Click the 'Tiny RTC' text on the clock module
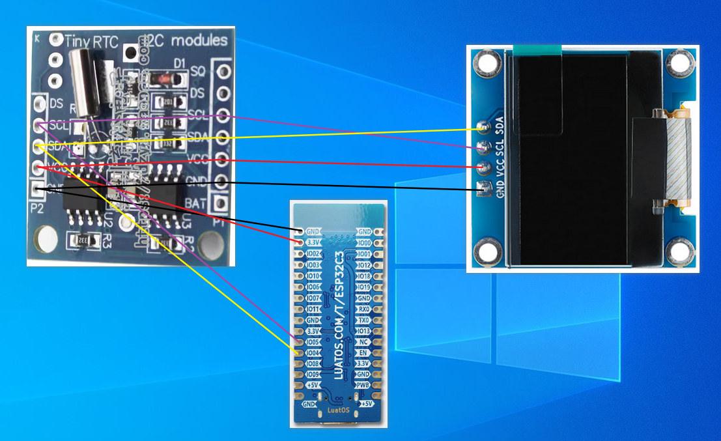coord(92,42)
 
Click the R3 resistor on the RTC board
coord(85,240)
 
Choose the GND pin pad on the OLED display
coord(483,190)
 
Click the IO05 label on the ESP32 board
coord(313,342)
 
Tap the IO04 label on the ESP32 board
coord(313,353)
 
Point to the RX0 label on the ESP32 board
coord(363,309)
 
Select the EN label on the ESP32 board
coord(363,352)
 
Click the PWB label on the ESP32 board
coord(363,385)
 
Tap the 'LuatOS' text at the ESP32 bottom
coord(338,410)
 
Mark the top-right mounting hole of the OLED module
coord(679,63)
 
